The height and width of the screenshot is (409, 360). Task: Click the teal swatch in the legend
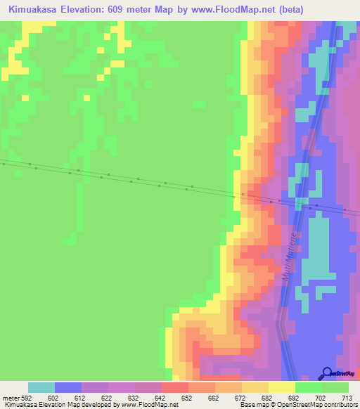click(41, 387)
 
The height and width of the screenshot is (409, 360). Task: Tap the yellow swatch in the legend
click(282, 387)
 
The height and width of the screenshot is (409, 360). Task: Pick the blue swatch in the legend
click(68, 387)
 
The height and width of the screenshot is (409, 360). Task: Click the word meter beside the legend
click(10, 397)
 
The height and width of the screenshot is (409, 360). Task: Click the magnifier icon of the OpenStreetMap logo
click(326, 373)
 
